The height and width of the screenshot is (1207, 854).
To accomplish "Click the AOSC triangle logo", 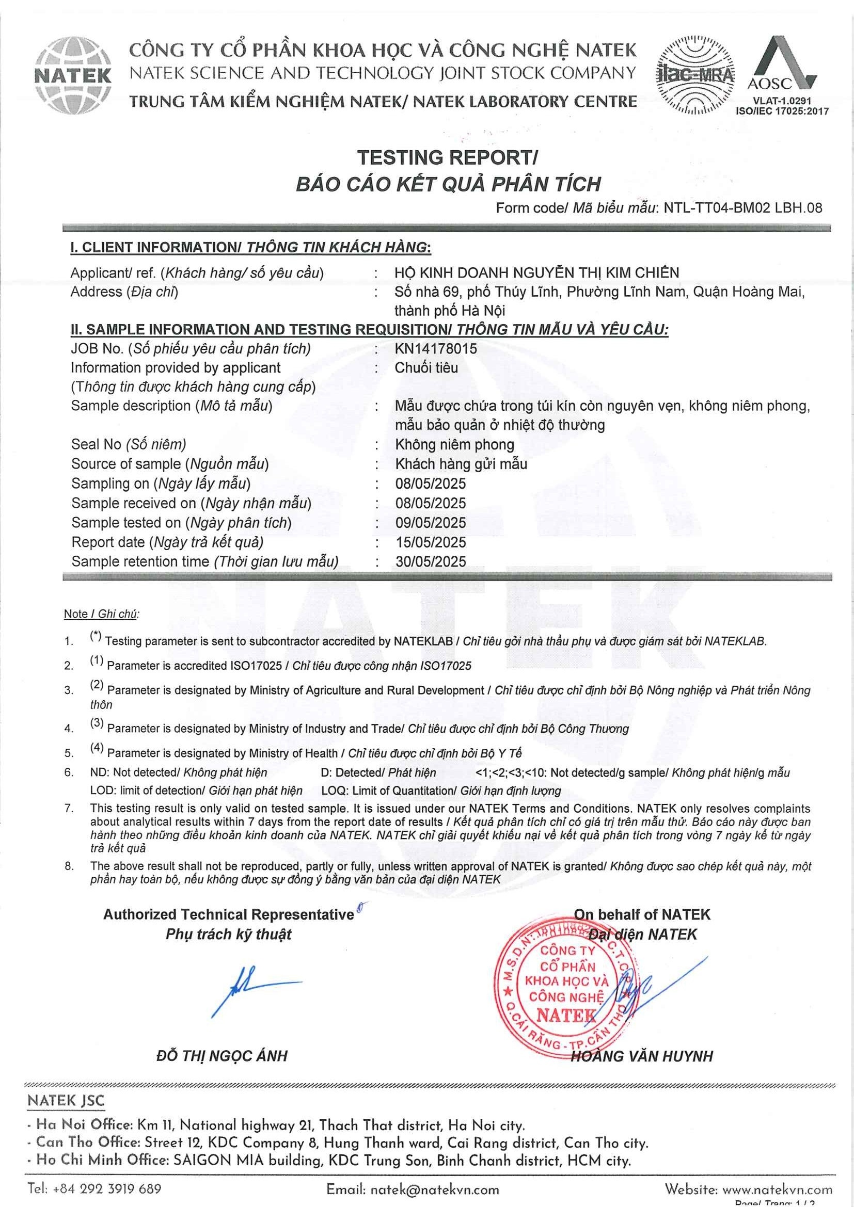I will click(x=782, y=63).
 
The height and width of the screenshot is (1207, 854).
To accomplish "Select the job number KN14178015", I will click(x=436, y=348).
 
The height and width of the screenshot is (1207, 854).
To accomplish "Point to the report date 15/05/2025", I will click(x=431, y=542).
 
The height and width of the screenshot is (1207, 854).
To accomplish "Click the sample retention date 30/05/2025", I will click(x=431, y=561).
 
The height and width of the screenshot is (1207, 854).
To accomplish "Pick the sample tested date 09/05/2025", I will click(x=431, y=523).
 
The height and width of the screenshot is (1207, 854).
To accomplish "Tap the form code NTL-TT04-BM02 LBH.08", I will click(x=742, y=207).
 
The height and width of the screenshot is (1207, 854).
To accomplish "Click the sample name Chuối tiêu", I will click(x=426, y=367).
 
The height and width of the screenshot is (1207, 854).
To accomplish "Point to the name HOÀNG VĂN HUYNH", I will click(x=642, y=1056).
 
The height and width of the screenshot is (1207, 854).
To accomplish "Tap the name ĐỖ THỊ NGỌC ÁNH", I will click(x=222, y=1056).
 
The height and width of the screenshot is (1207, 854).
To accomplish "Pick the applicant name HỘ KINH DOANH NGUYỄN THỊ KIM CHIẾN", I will click(x=537, y=272).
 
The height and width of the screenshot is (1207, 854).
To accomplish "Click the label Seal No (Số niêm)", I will click(x=129, y=444).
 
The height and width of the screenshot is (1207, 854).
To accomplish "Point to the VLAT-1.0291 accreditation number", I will click(x=782, y=101).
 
